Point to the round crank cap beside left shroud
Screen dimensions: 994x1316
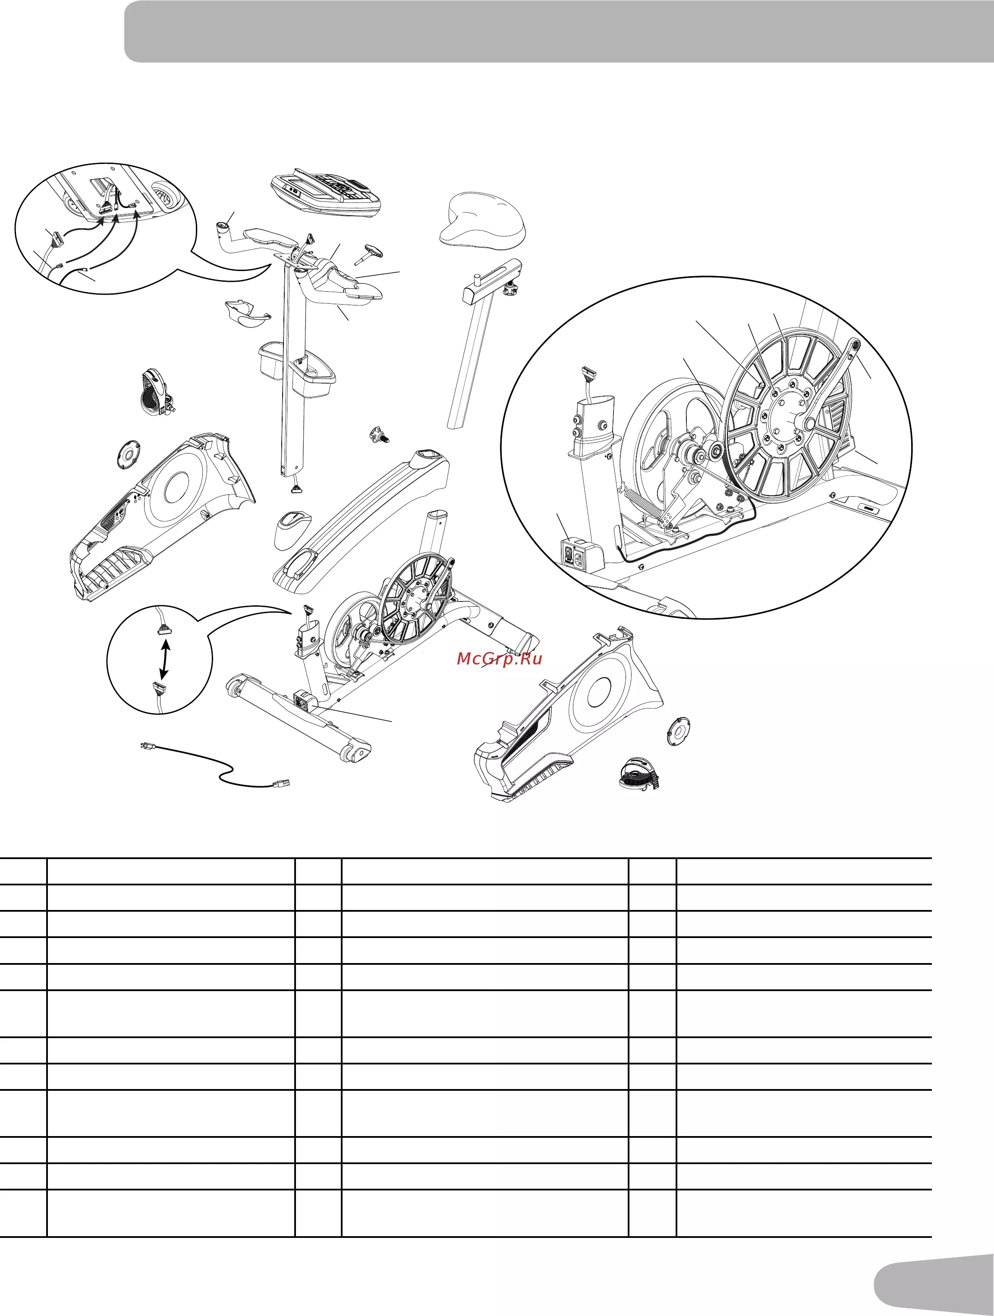(x=128, y=454)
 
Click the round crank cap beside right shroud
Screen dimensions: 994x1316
(x=679, y=732)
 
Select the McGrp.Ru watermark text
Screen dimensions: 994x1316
(x=500, y=658)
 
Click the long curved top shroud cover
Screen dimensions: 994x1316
(x=361, y=520)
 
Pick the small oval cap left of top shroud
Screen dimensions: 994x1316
(x=293, y=528)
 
